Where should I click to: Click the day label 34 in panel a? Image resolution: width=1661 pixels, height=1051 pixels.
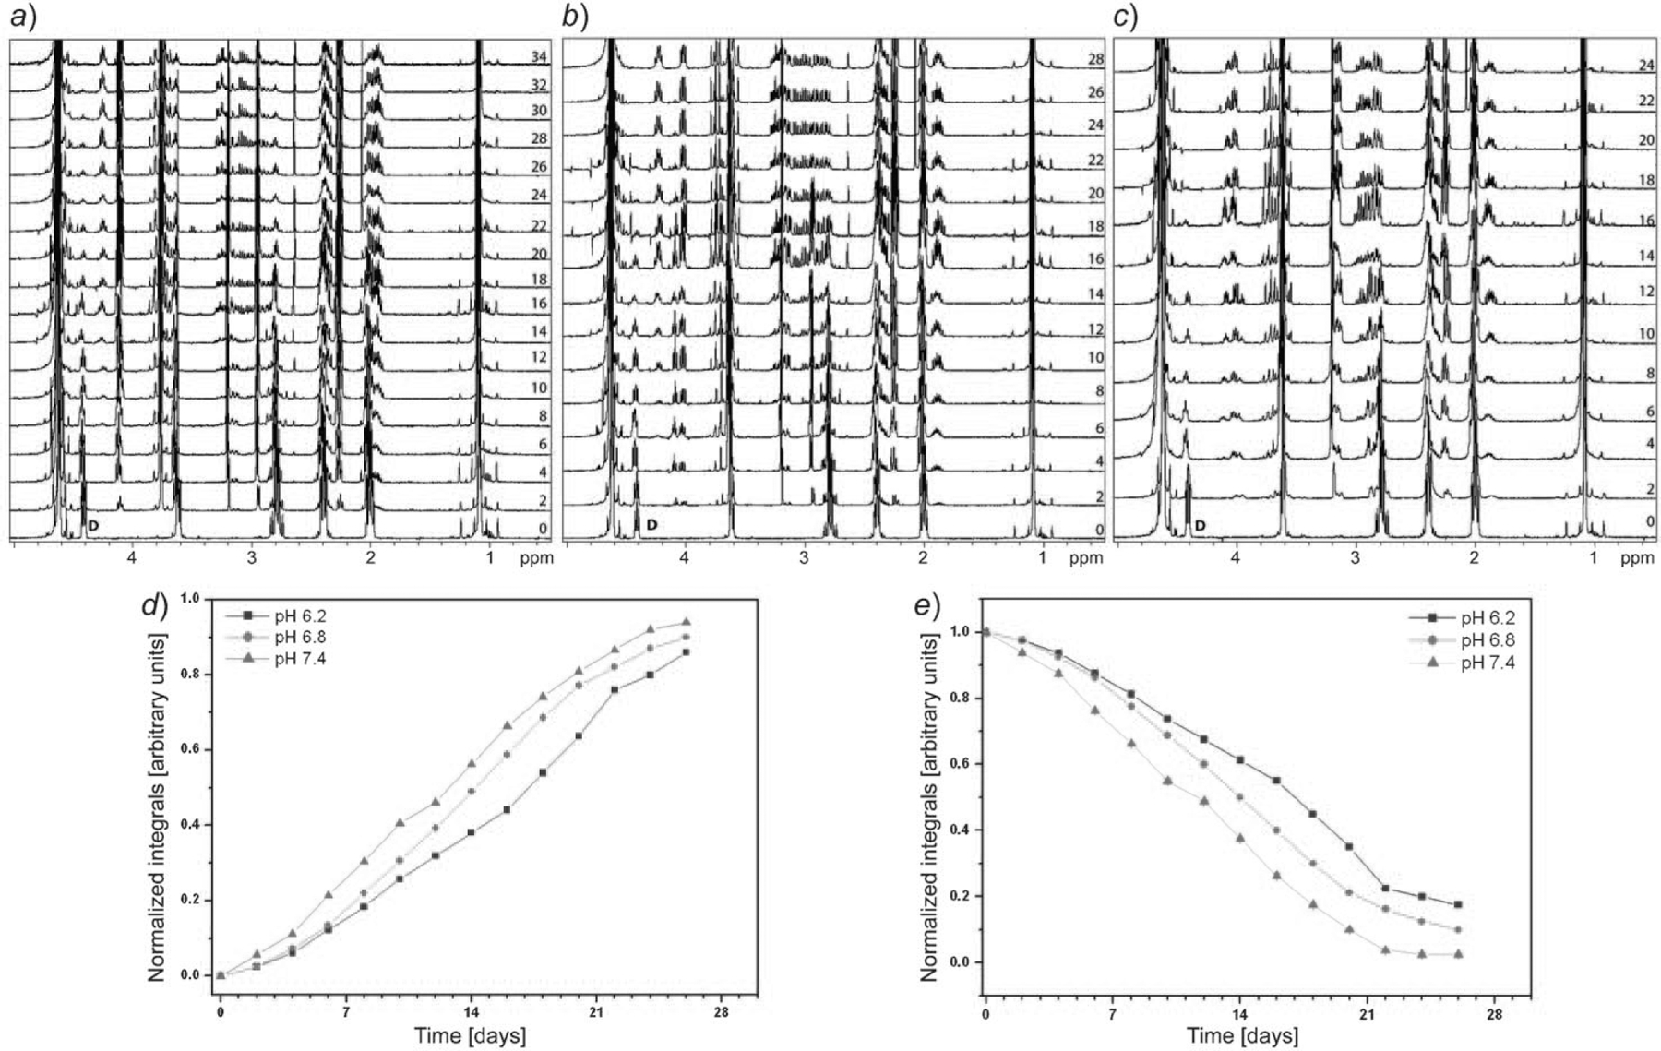539,57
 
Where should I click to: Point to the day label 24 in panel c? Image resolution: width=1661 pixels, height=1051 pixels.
1646,66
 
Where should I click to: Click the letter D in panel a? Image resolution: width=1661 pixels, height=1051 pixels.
92,526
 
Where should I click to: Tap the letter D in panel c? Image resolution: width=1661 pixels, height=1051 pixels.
1200,526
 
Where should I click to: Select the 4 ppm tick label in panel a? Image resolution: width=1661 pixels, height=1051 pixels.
132,558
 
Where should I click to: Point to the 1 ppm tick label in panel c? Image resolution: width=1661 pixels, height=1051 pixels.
1594,558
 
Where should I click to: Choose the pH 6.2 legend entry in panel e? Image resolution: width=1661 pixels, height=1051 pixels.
1487,618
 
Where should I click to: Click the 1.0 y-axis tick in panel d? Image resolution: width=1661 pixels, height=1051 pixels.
189,599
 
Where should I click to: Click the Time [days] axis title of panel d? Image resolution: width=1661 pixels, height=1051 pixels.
470,1035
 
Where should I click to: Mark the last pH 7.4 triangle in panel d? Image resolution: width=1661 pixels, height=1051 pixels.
686,622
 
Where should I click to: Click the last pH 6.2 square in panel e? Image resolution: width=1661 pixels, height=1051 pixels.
1458,904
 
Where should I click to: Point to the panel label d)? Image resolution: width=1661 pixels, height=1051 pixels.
153,604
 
